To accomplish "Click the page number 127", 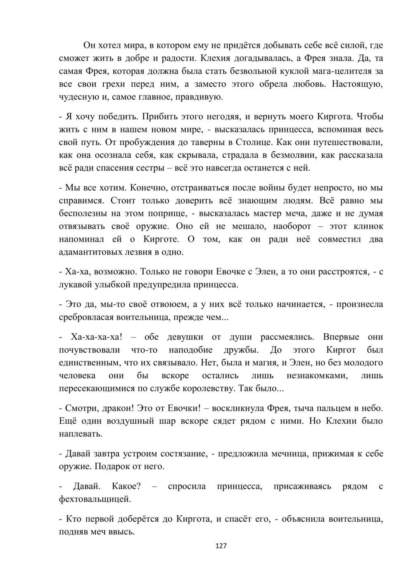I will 221,546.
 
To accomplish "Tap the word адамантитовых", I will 93,252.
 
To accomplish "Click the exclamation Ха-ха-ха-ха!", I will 97,337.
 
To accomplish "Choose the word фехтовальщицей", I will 95,499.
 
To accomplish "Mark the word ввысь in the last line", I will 122,532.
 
